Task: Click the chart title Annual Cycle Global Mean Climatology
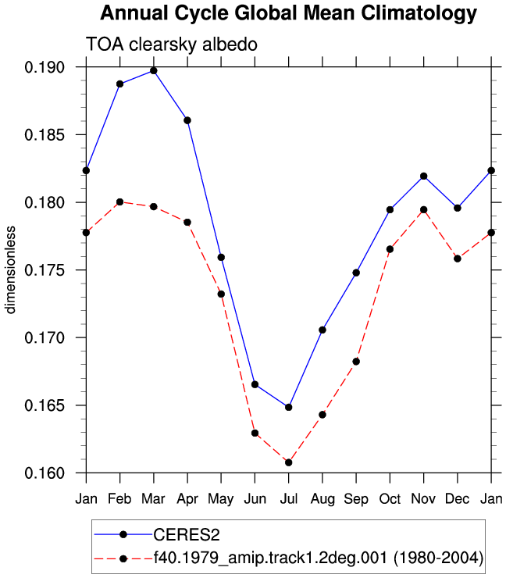(289, 13)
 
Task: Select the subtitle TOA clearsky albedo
(171, 45)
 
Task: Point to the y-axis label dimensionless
(10, 269)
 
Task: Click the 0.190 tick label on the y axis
(45, 67)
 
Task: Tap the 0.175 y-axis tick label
(45, 270)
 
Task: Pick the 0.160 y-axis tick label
(45, 473)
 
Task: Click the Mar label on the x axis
(153, 499)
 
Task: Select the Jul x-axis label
(289, 499)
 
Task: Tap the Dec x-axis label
(458, 499)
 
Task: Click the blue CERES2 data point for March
(154, 71)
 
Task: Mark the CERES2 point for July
(289, 407)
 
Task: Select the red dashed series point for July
(289, 462)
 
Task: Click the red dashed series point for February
(119, 202)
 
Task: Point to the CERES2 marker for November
(424, 177)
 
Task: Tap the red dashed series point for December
(458, 259)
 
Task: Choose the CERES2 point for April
(187, 120)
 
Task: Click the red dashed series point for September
(356, 362)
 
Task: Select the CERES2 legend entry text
(187, 535)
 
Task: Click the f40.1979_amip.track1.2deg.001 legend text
(319, 558)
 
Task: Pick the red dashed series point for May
(221, 294)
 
